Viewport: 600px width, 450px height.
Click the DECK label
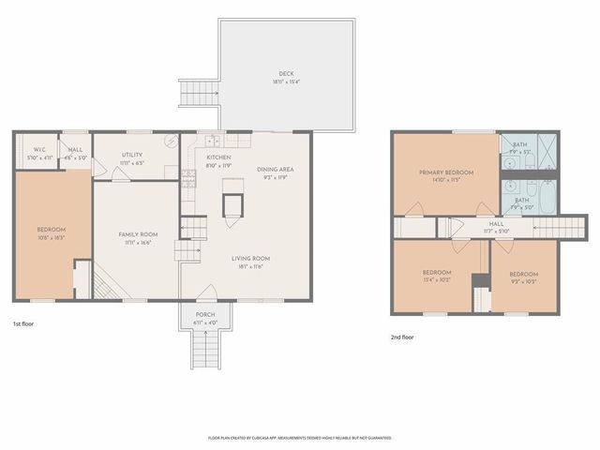(x=286, y=74)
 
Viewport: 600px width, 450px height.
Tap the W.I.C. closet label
(x=39, y=149)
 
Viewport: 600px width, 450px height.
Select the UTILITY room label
(x=132, y=156)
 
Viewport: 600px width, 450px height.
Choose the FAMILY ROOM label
(x=136, y=234)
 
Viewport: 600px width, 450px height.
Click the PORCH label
(x=205, y=314)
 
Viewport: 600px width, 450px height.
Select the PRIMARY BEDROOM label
(x=445, y=172)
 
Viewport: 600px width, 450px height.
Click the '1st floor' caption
(x=23, y=323)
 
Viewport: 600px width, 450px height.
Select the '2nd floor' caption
(x=402, y=337)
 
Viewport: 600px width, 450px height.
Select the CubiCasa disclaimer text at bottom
(x=300, y=438)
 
